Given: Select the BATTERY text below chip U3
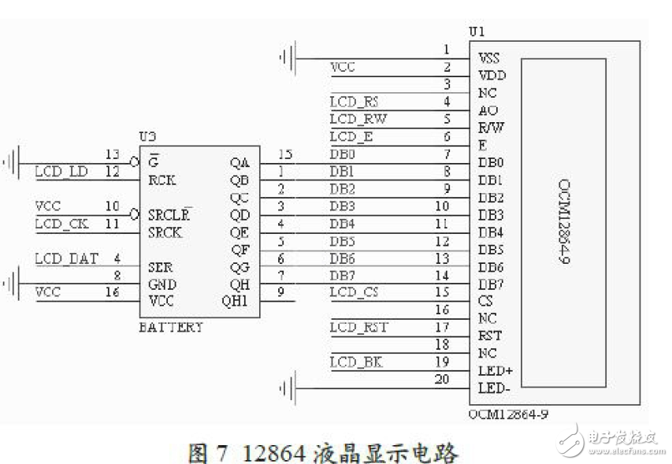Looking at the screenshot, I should coord(171,327).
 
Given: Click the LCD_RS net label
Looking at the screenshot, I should coord(354,102).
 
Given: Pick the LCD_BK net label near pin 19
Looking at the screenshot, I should coord(355,362).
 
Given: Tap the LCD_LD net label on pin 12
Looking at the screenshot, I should coord(61,171).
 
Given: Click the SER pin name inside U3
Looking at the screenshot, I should coord(160,268).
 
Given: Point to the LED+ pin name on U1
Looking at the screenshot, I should coord(494,371).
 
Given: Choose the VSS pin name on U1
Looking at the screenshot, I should coord(489,58).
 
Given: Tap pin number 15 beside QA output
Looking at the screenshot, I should coord(286,154).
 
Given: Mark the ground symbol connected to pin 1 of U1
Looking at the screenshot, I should coord(288,57).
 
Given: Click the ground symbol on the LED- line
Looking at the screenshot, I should coord(288,387).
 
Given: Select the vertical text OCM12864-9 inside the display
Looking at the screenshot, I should coord(565,220).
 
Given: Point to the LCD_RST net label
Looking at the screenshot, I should coord(358,327).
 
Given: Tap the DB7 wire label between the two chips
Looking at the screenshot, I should coord(342,275).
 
